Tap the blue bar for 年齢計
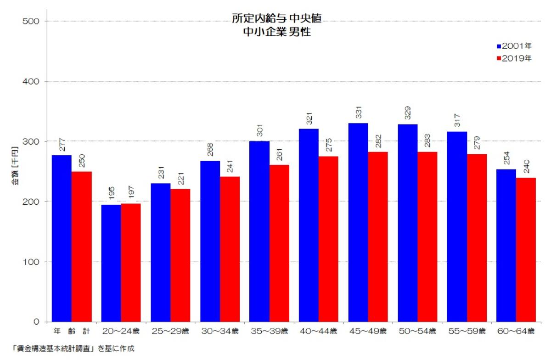62,238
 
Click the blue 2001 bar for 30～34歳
210,241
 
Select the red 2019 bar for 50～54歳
427,236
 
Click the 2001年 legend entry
514,46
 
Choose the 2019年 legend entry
514,58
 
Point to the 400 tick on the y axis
34,81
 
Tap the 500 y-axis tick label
34,21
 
